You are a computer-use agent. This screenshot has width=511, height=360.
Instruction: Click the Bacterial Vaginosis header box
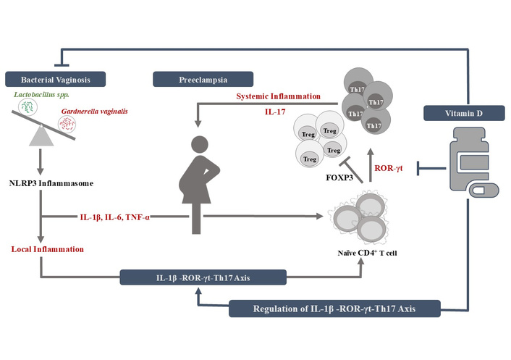[56, 78]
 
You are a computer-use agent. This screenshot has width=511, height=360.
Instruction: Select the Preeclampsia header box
[203, 78]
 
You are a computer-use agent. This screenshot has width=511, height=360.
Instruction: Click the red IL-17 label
[279, 112]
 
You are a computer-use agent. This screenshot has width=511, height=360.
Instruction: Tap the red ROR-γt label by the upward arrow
[388, 169]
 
